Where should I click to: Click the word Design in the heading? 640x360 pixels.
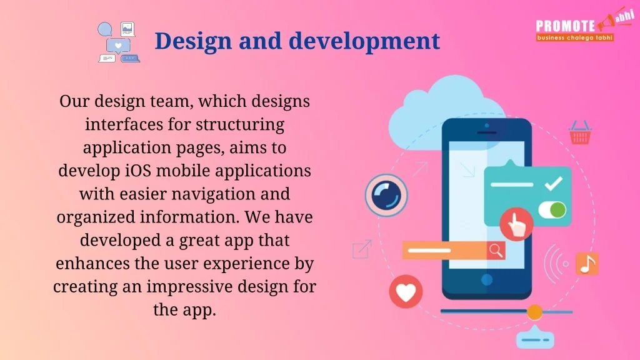click(194, 41)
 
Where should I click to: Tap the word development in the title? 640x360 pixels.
click(364, 41)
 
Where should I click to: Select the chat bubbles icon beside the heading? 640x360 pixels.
click(119, 42)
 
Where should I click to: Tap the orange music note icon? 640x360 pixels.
click(587, 264)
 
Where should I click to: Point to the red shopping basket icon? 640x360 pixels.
click(580, 132)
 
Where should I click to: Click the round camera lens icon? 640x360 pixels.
click(386, 195)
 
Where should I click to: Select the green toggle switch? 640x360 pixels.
click(552, 210)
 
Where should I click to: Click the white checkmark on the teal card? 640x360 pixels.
click(554, 183)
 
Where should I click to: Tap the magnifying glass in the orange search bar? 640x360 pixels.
click(496, 250)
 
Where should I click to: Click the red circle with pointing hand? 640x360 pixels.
click(516, 224)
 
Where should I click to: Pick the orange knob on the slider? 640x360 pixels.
click(534, 312)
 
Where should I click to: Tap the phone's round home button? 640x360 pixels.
click(486, 279)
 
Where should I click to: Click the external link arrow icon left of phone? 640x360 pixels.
click(362, 249)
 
